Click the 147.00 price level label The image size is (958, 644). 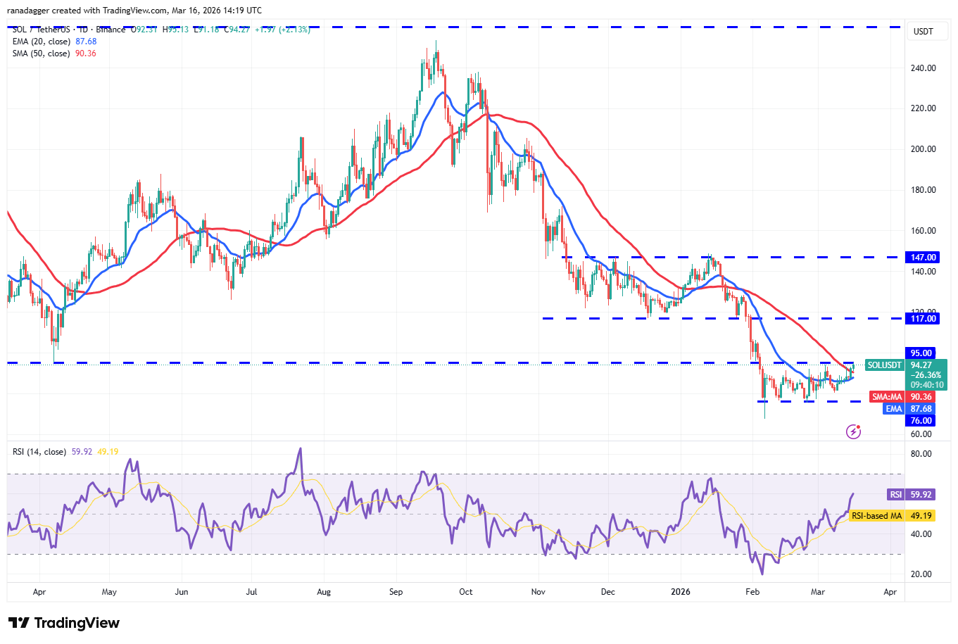click(923, 258)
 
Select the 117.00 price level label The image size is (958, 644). click(923, 319)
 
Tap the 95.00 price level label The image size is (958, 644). click(921, 353)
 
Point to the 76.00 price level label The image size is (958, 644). click(921, 421)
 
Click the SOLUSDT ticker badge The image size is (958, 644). click(884, 365)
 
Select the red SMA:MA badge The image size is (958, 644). click(887, 397)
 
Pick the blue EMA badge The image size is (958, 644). click(893, 409)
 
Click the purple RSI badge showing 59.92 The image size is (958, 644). click(895, 495)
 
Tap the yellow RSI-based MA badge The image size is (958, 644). click(876, 516)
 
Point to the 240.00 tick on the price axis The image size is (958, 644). click(923, 68)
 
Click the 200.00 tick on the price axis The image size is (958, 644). click(923, 149)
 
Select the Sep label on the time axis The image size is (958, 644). click(396, 592)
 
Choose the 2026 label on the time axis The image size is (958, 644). click(681, 592)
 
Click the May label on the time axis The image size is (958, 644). click(109, 592)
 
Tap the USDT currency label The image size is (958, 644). click(923, 32)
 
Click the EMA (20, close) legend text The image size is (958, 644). click(41, 42)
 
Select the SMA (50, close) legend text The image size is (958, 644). click(41, 53)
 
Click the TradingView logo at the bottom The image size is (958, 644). click(64, 623)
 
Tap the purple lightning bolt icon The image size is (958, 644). click(853, 431)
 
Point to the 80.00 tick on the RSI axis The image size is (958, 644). click(921, 454)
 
